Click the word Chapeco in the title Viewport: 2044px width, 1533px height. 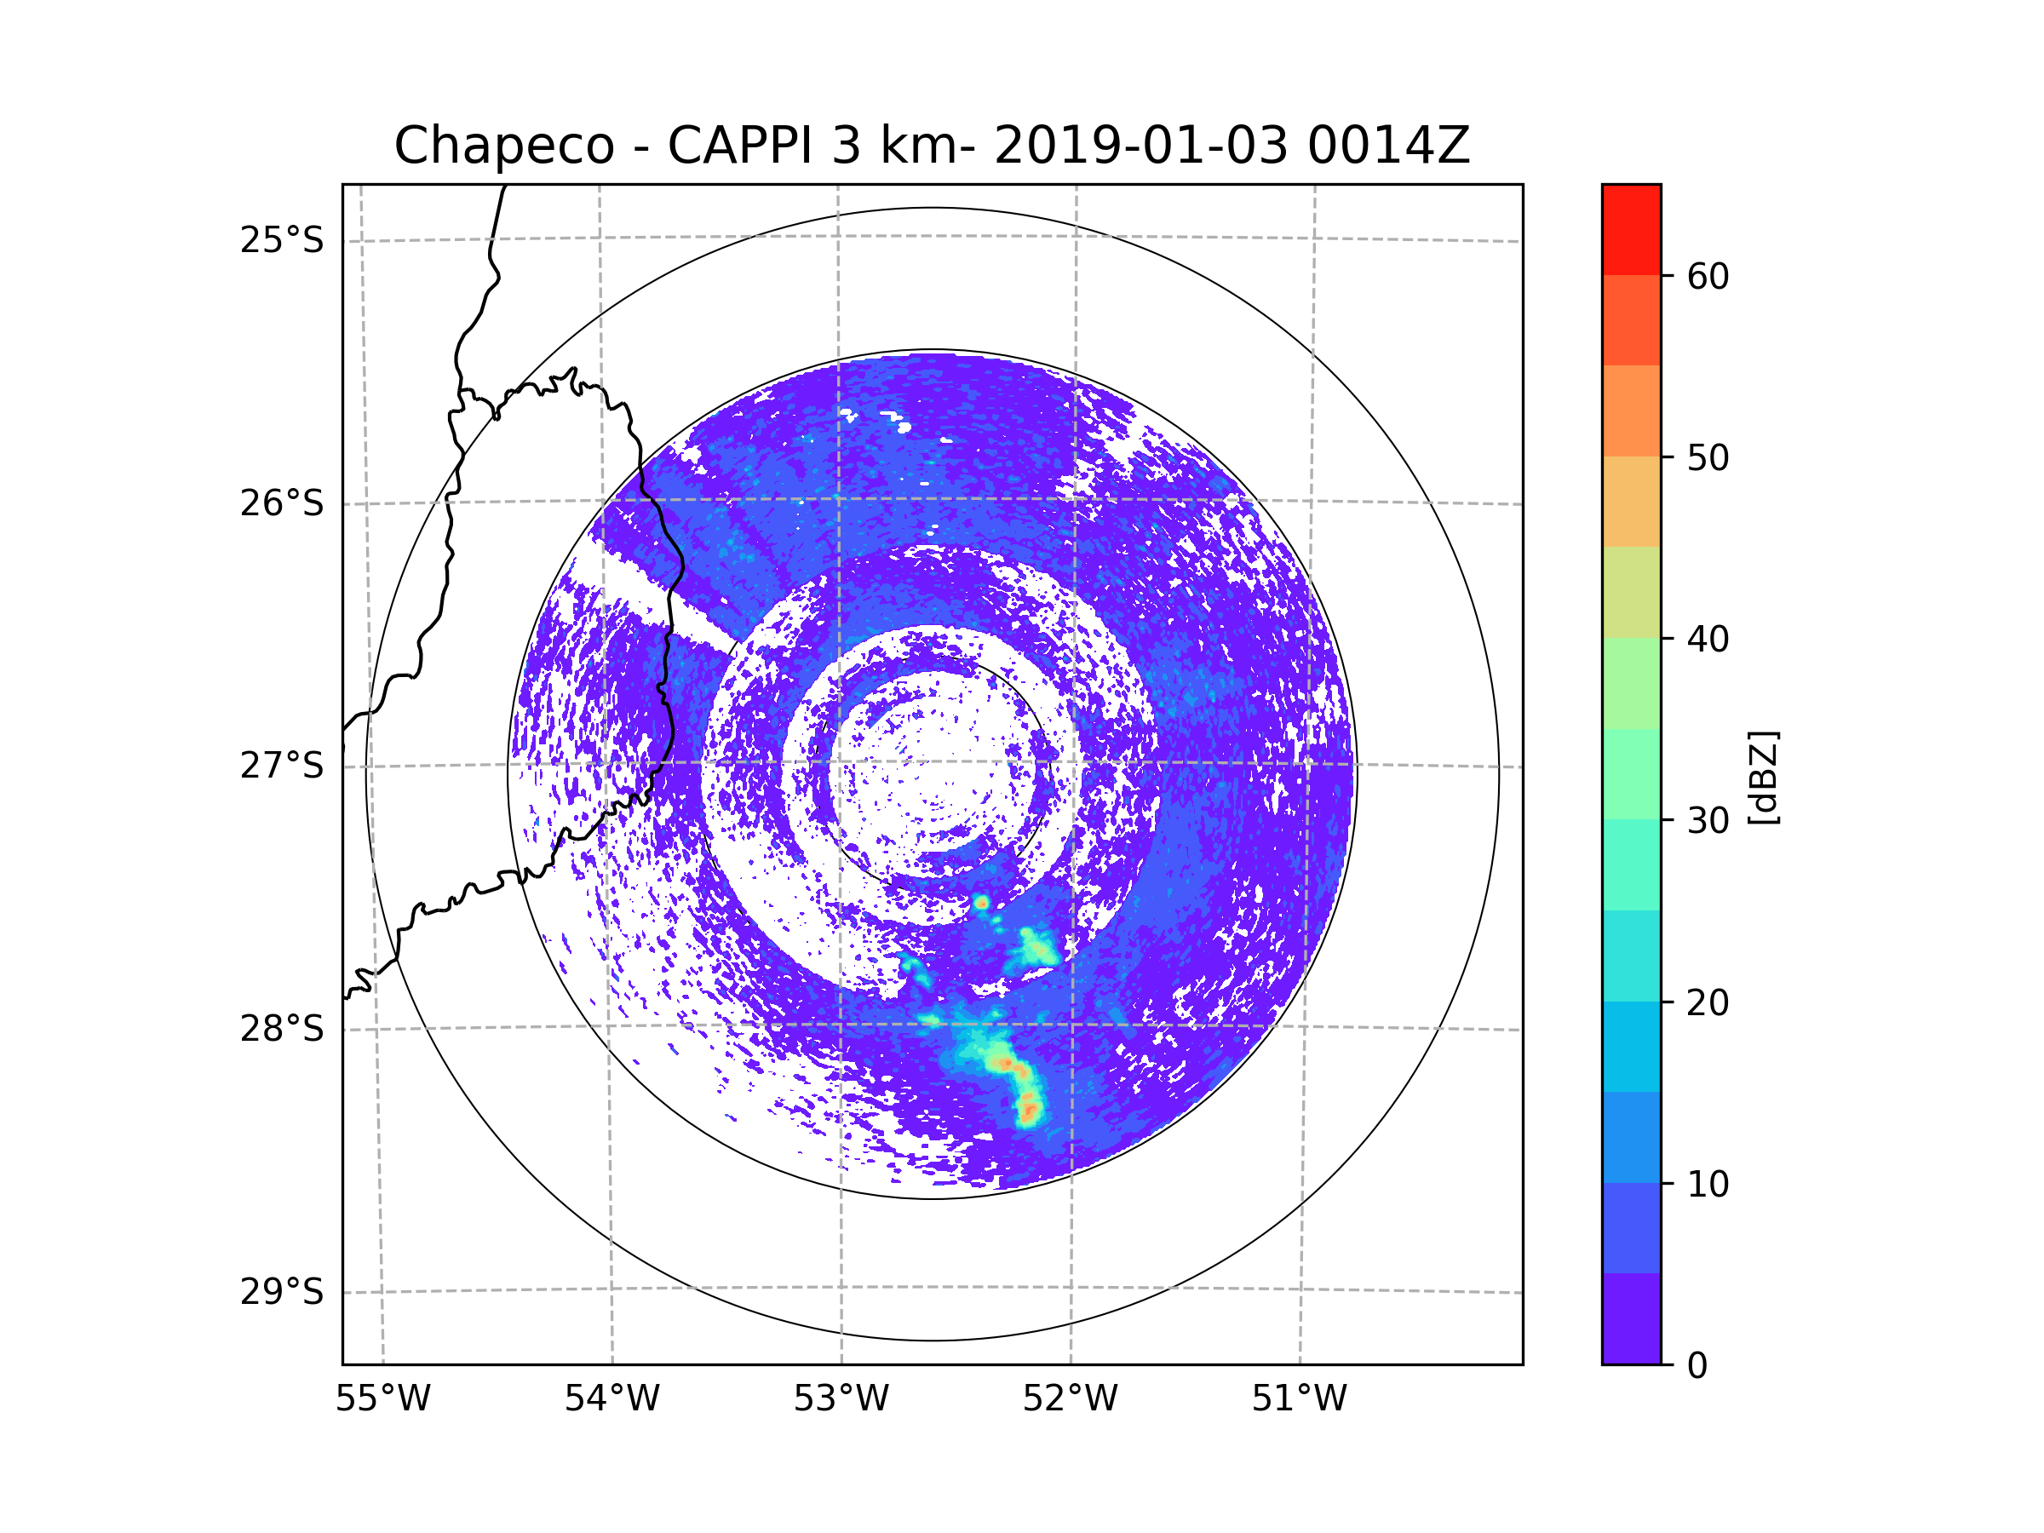(503, 146)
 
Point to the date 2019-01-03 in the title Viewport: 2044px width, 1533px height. (1140, 146)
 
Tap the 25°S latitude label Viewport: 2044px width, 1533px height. (282, 240)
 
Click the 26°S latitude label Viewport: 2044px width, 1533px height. (282, 503)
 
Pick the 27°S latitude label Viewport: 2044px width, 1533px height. (282, 766)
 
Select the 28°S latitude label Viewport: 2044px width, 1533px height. (282, 1029)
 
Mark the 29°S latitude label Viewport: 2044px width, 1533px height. (282, 1292)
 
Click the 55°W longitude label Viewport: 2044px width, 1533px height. (382, 1399)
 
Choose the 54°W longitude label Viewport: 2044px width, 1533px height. (611, 1399)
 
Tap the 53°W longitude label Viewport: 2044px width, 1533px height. (841, 1399)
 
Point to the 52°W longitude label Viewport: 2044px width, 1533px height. (1070, 1399)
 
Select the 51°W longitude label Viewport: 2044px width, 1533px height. (1299, 1399)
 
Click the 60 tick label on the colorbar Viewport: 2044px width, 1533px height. (1708, 276)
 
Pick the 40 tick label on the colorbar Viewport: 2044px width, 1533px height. (1708, 640)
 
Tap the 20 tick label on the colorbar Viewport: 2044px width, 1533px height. (1708, 1002)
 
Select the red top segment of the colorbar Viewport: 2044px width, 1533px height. (1631, 230)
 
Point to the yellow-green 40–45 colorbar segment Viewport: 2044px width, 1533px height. (1631, 592)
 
